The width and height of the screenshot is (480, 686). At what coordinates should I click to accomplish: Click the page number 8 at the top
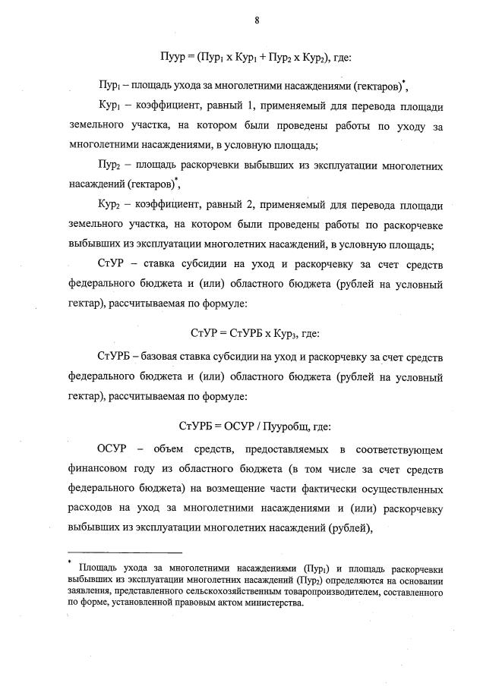(x=257, y=20)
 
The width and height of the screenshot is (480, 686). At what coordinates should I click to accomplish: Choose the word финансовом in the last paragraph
(x=99, y=468)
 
